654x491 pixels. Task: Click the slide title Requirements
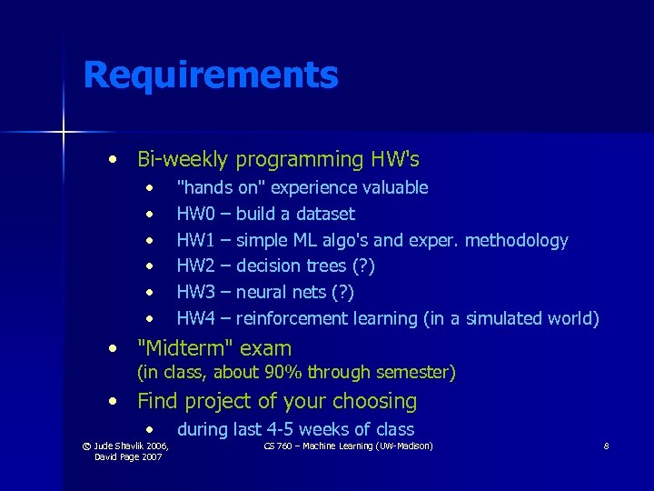(210, 75)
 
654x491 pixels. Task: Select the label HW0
(196, 214)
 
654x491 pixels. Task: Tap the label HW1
(196, 240)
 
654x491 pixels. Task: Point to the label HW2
(196, 266)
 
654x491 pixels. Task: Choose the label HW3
(196, 292)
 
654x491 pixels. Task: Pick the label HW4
(196, 318)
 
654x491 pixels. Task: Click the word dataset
(323, 214)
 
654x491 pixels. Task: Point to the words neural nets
(281, 292)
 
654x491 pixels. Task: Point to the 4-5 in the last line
(272, 429)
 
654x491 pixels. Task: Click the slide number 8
(605, 446)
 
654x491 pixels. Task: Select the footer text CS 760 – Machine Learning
(348, 446)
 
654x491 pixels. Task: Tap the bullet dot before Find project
(111, 401)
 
